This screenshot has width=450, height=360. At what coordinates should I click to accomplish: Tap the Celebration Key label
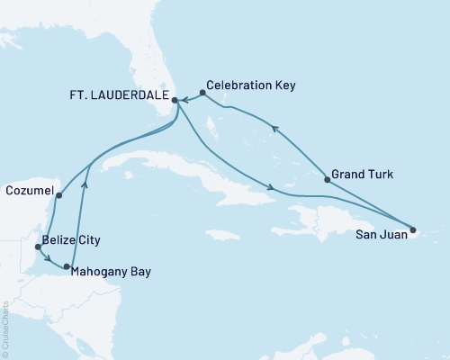(x=256, y=85)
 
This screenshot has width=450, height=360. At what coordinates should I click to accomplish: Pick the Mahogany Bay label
(x=112, y=271)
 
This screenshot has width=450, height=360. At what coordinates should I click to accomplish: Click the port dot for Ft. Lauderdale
(x=175, y=102)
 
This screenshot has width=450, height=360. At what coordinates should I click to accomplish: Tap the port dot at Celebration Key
(x=202, y=93)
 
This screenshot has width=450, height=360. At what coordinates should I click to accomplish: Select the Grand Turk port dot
(x=327, y=180)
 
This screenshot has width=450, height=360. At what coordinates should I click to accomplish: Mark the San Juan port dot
(x=414, y=229)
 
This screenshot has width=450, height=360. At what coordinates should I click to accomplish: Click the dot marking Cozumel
(x=58, y=195)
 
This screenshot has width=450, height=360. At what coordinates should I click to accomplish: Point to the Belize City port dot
(x=37, y=246)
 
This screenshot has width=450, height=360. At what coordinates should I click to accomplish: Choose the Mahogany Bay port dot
(x=67, y=267)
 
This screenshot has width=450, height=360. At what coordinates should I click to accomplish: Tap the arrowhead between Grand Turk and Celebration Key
(x=274, y=131)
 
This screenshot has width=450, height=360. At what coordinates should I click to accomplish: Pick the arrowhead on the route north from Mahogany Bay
(x=85, y=184)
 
